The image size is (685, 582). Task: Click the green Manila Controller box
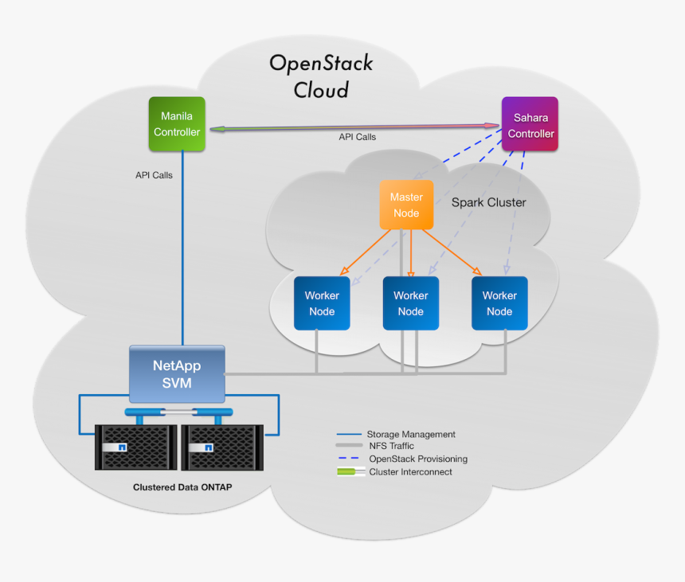177,123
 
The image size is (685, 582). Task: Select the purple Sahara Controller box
530,125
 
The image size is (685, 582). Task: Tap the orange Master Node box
406,205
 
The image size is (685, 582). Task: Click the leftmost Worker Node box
322,303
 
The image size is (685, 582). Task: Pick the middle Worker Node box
410,303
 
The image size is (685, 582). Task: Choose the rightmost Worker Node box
499,303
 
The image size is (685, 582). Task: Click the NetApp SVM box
177,374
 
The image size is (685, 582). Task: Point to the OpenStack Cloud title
321,76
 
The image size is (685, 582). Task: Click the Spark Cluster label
488,202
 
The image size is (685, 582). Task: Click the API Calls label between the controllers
357,137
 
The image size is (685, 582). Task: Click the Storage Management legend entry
410,435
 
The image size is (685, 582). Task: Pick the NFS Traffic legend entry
391,446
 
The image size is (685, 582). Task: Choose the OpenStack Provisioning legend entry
417,459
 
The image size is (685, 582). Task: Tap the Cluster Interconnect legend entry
409,472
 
